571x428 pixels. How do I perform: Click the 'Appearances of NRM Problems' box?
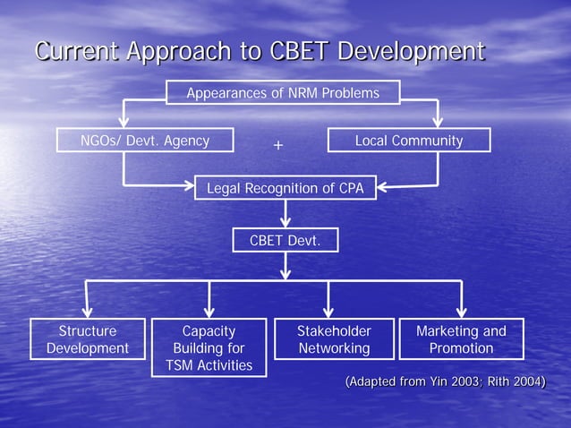[283, 93]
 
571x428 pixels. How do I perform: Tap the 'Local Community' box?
[409, 141]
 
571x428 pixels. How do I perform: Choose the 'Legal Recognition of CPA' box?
[285, 188]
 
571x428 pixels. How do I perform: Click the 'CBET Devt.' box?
[285, 240]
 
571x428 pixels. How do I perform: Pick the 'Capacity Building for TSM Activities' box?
[209, 347]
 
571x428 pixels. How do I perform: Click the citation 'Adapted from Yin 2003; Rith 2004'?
[446, 383]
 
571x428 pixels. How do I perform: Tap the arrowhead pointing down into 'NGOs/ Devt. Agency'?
[124, 123]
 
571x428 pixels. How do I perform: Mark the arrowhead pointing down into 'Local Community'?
[438, 123]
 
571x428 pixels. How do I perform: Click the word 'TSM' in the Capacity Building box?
[185, 365]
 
